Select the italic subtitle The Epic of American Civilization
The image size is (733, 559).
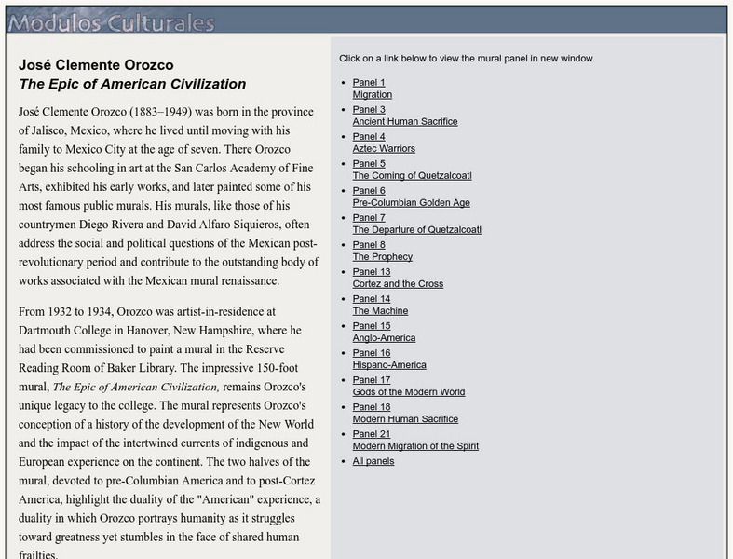132,84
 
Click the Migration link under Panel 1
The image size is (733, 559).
372,95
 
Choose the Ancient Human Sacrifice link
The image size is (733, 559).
404,122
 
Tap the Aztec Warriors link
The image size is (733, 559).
384,149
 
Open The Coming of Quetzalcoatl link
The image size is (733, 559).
412,176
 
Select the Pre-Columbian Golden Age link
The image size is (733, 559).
411,203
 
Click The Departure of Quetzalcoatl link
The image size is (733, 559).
416,230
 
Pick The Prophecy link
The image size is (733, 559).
382,257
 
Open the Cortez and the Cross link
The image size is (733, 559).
398,284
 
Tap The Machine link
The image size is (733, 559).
380,311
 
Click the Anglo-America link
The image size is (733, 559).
384,338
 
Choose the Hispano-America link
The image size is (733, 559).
389,365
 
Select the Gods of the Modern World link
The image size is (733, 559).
408,392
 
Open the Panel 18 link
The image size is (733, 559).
372,407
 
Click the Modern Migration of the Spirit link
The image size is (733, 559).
415,446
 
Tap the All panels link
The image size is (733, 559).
373,461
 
